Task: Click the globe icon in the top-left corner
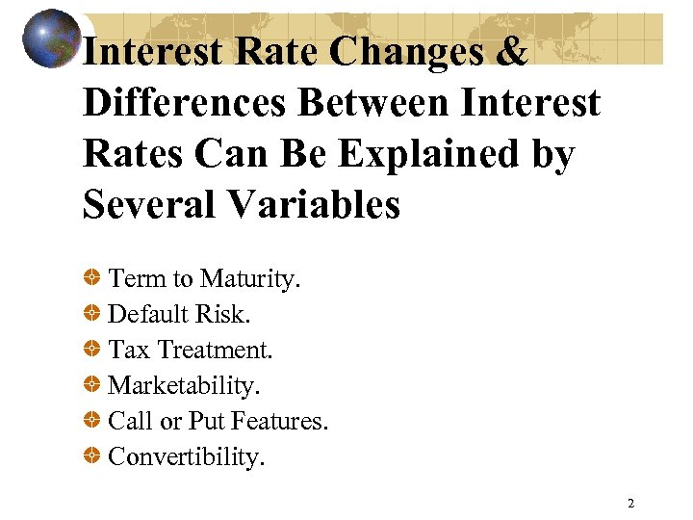pyautogui.click(x=51, y=39)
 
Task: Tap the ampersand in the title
pyautogui.click(x=512, y=51)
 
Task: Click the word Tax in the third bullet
pyautogui.click(x=128, y=350)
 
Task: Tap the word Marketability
pyautogui.click(x=184, y=385)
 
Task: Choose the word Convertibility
pyautogui.click(x=186, y=456)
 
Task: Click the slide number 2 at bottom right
pyautogui.click(x=630, y=503)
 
